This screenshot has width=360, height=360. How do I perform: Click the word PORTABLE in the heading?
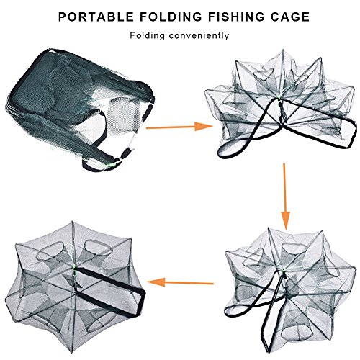(x=96, y=17)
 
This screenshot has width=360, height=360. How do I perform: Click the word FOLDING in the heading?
(x=171, y=17)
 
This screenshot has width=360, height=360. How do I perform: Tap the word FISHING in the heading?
(x=236, y=17)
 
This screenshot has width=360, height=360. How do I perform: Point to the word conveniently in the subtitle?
(x=199, y=35)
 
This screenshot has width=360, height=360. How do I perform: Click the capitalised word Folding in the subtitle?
(x=148, y=36)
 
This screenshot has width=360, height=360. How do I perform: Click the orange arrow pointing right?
(x=179, y=127)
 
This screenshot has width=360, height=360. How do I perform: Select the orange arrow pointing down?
(x=285, y=197)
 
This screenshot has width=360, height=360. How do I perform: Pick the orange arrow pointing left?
(x=180, y=282)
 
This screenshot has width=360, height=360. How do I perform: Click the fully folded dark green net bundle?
(x=79, y=108)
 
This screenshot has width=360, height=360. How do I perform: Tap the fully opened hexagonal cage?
(x=75, y=290)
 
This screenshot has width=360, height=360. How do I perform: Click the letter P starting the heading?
(x=62, y=17)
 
